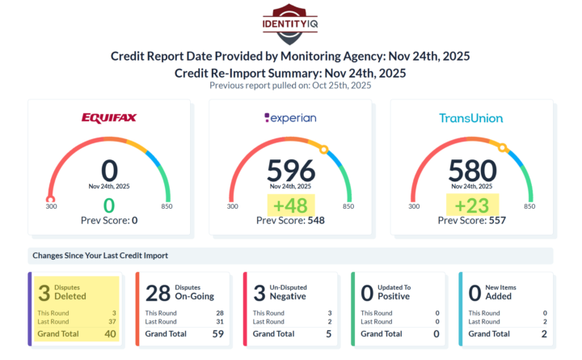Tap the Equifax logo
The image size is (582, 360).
109,118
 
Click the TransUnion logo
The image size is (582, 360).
471,118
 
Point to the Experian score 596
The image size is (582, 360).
291,171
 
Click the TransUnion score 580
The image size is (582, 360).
472,171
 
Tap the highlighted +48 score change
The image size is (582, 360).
291,205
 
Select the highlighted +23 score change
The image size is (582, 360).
472,205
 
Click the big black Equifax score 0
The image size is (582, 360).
110,171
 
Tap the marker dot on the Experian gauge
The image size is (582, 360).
323,149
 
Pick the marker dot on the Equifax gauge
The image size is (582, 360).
51,199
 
